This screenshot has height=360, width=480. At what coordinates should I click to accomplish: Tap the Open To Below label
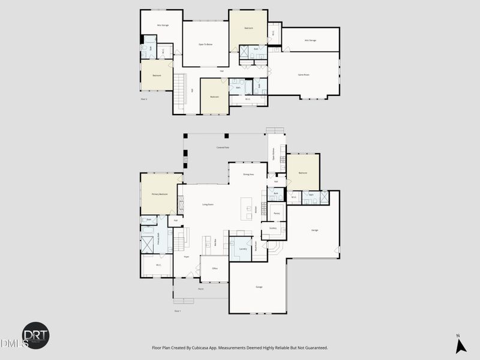[206, 44]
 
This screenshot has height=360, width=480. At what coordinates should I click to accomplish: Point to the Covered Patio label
[223, 147]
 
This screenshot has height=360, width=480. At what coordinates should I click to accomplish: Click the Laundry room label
[242, 248]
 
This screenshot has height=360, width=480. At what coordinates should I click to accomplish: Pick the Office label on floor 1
[214, 268]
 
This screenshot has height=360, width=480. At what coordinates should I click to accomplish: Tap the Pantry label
[277, 213]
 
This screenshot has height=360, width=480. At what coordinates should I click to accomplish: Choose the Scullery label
[272, 228]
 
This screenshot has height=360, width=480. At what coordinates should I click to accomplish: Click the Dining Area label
[248, 174]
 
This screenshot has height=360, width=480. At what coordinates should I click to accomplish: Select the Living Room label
[208, 205]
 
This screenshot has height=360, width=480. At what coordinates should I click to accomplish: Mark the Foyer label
[187, 256]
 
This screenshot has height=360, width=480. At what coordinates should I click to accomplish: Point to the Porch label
[201, 289]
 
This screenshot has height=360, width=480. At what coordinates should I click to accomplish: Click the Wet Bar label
[215, 243]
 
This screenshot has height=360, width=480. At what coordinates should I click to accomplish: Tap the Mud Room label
[256, 245]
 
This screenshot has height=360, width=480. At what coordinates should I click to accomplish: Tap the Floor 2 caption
[144, 98]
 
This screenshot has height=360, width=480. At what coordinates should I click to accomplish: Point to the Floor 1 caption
[178, 311]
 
